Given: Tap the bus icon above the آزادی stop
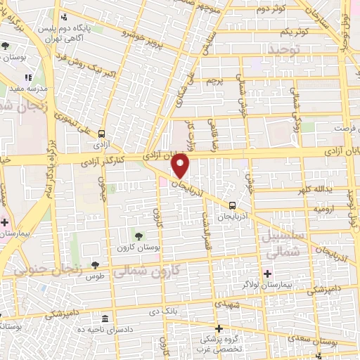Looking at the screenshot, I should coord(103,133).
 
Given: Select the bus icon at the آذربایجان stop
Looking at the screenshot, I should coord(232,205).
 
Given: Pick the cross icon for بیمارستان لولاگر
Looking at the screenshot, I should coord(266,273).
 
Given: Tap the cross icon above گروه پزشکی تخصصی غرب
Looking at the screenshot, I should coord(219,328).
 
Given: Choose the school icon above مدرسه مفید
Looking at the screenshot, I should coord(28,77).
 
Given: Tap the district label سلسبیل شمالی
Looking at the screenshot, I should coord(284,243).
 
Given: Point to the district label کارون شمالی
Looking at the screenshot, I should coord(155,269).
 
